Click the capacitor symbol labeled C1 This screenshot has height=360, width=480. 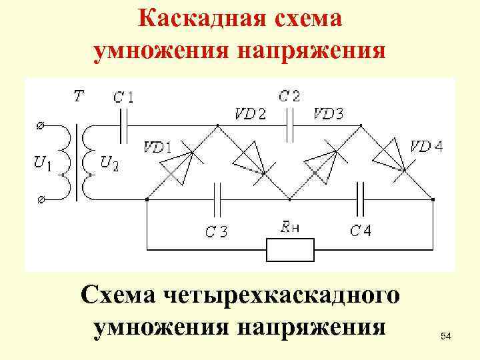click(x=123, y=126)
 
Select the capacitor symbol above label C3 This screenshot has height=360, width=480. click(x=217, y=199)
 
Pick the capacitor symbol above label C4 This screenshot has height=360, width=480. click(x=361, y=199)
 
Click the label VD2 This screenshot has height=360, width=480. click(x=249, y=113)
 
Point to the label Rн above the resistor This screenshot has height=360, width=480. click(x=290, y=226)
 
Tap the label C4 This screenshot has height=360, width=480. click(x=361, y=231)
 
